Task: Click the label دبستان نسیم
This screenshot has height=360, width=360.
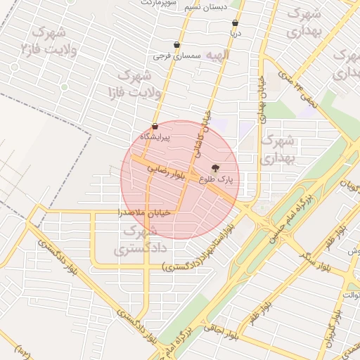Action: pyautogui.click(x=204, y=8)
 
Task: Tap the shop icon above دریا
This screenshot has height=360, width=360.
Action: pyautogui.click(x=235, y=23)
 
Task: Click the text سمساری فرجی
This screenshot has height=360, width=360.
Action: pyautogui.click(x=181, y=55)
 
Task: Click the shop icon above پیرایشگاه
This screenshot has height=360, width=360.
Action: pyautogui.click(x=154, y=127)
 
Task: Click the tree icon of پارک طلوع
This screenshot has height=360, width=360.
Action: pyautogui.click(x=215, y=169)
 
